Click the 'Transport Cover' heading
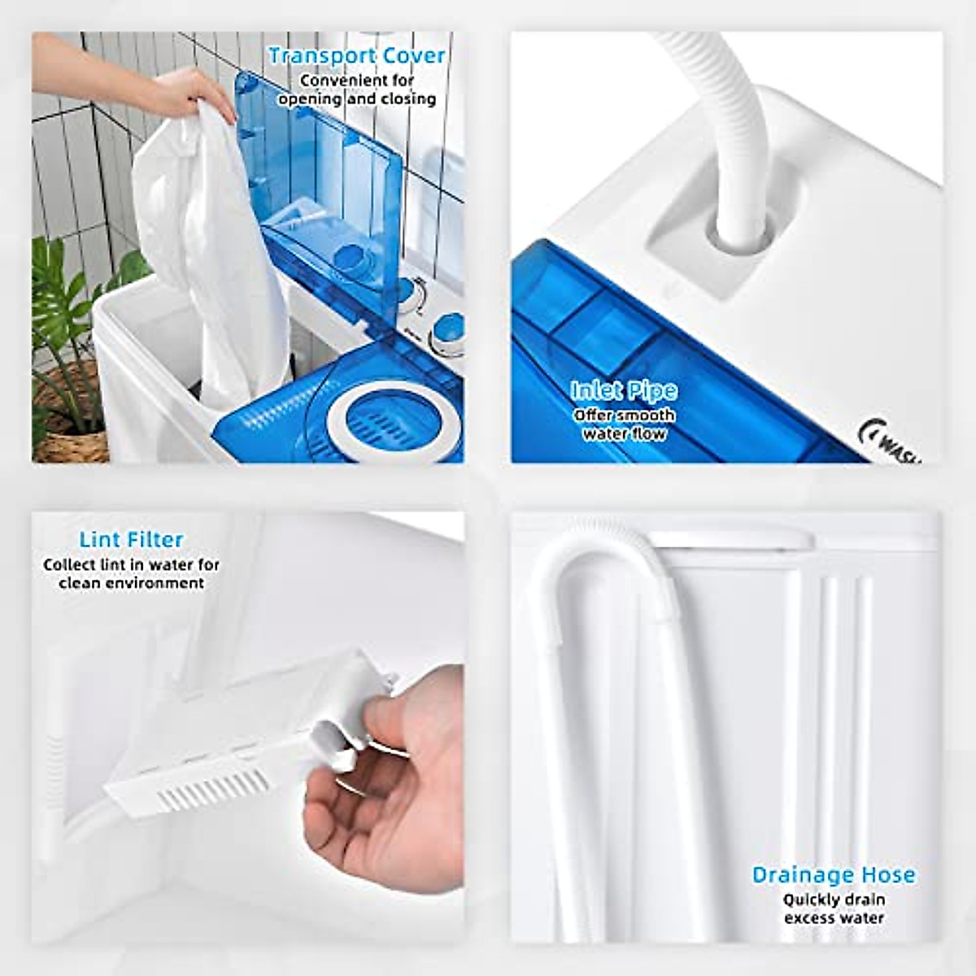356,56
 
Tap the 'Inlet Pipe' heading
624,391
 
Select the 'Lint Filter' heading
131,539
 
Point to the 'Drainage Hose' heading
833,875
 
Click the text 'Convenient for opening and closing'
357,90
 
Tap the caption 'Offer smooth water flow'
624,425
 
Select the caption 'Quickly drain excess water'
833,908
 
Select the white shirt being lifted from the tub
211,244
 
